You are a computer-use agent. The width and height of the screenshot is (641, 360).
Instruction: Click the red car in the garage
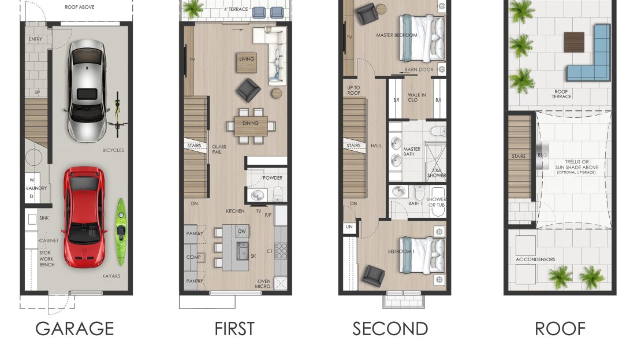(84, 217)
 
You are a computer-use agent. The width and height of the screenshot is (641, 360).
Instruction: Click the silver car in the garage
(87, 90)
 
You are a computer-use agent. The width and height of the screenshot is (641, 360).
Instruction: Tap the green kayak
(121, 232)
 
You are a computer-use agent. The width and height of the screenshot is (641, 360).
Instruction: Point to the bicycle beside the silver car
(118, 114)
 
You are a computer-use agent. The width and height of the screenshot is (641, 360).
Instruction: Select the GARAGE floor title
(74, 328)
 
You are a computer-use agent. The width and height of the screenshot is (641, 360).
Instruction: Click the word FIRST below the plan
(234, 329)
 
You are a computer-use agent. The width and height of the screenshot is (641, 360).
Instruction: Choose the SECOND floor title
(390, 329)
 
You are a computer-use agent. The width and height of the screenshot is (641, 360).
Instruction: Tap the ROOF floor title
(560, 329)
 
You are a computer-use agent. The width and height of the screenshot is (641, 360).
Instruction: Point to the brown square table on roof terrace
(574, 42)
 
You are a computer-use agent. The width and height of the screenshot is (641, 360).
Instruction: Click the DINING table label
(250, 123)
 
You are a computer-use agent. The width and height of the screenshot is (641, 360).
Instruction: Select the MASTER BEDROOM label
(397, 35)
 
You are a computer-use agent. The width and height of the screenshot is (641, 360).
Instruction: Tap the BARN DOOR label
(419, 69)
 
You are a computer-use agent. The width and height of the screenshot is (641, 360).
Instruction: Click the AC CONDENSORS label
(535, 259)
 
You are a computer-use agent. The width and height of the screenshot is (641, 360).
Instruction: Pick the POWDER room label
(273, 178)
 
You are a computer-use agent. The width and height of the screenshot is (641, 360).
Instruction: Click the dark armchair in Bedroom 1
(374, 275)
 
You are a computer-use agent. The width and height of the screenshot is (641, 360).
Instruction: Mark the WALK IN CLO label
(416, 97)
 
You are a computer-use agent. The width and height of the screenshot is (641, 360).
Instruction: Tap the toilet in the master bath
(439, 131)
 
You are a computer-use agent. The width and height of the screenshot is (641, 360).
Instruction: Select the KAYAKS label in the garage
(111, 276)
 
